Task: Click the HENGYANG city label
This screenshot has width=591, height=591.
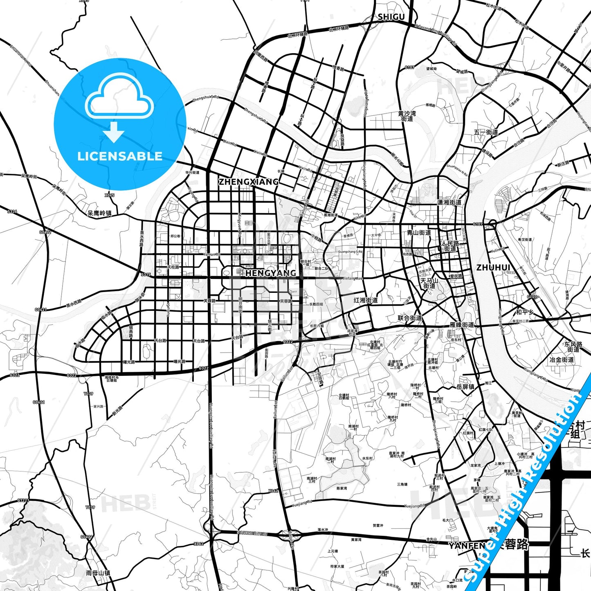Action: pos(270,273)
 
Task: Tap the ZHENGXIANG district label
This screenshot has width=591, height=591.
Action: pos(248,182)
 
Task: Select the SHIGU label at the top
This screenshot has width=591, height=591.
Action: pos(391,17)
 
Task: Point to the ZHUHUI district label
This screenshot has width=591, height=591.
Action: pos(493,267)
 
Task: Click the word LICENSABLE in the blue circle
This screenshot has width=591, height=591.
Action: pos(120,156)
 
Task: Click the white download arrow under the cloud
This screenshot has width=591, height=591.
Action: pos(114,132)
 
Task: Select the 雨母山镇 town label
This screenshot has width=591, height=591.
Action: pos(98,573)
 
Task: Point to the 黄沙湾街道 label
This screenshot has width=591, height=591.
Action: pos(407,116)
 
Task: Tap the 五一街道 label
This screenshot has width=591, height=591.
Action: pos(486,132)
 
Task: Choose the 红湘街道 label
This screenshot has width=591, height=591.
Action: pos(366,300)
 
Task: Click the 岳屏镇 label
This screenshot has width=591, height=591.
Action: pos(465,387)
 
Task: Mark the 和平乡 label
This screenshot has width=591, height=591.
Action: pos(525,312)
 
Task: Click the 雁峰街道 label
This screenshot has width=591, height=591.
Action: pos(462,324)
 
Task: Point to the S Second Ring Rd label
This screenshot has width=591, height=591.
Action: pos(252,533)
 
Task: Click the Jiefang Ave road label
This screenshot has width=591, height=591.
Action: pos(352,279)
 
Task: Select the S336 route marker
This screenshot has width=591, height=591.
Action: pos(12,211)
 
